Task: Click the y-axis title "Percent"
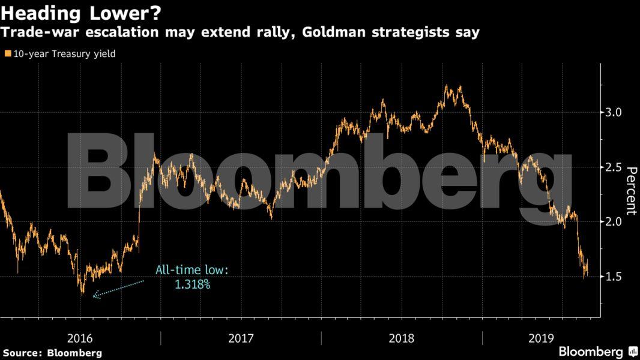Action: point(631,191)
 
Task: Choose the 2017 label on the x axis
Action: point(241,338)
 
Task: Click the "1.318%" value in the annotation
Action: point(192,284)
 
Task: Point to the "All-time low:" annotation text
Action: point(192,271)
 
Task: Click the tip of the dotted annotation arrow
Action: point(94,296)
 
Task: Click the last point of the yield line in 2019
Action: point(587,273)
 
